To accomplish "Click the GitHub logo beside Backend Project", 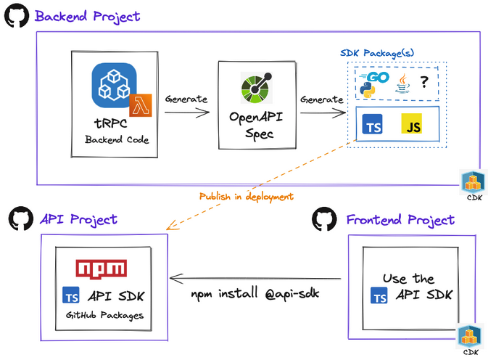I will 17,16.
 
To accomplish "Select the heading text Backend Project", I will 88,16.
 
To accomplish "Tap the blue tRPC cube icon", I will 114,85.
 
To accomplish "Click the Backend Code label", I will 117,139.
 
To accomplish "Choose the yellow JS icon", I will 412,126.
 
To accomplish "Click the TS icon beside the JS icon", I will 373,126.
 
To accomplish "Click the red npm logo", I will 102,268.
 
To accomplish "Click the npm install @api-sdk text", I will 255,294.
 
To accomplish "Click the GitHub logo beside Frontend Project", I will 324,219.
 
